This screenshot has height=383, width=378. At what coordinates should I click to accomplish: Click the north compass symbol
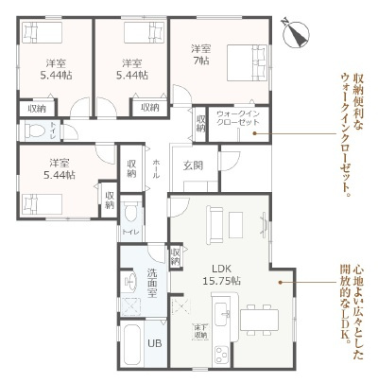(301, 30)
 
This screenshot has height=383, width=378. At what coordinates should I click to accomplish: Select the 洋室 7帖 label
(199, 55)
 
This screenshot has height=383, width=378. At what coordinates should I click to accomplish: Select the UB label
(154, 343)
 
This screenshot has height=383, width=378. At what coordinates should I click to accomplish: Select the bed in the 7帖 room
(249, 67)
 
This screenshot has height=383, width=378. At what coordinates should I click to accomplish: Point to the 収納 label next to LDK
(176, 256)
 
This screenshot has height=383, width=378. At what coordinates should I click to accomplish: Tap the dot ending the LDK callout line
(281, 282)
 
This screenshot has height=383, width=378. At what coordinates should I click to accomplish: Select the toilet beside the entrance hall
(130, 211)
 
